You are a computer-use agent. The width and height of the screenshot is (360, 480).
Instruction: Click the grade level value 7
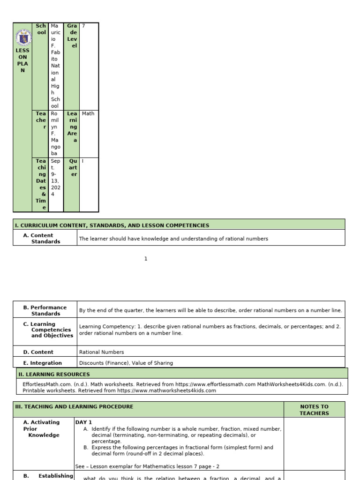[83, 26]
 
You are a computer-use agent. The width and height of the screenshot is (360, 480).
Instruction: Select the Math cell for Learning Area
[88, 113]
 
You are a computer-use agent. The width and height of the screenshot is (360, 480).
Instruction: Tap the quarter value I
[83, 161]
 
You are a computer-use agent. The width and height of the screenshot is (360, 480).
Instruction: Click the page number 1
[146, 259]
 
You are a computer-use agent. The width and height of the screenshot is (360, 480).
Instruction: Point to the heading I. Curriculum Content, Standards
[112, 225]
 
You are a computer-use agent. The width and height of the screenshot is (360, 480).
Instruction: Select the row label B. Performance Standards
[45, 310]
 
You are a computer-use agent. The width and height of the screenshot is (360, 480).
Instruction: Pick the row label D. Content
[38, 352]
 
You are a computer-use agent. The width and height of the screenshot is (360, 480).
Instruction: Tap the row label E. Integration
[43, 363]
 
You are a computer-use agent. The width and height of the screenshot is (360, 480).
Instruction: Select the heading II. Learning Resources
[54, 375]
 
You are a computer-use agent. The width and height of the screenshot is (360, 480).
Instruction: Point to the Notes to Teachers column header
[314, 410]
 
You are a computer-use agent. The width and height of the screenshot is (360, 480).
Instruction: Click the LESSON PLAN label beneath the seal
[22, 60]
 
